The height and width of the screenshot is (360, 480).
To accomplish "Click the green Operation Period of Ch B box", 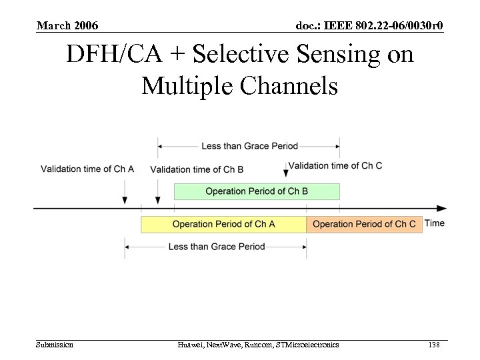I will click(x=257, y=191).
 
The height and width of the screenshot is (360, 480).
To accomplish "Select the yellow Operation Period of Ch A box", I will click(x=223, y=224).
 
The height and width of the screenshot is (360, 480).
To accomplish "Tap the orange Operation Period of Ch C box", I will click(x=364, y=224).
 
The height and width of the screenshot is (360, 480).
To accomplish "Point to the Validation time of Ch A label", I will click(x=87, y=169).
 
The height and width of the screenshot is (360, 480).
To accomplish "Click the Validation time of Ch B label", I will click(x=197, y=169).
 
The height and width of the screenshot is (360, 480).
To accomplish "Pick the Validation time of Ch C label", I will click(x=335, y=165).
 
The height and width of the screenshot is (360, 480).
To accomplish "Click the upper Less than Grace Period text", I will click(x=249, y=146).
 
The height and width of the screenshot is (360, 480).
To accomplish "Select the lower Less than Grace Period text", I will click(x=217, y=247).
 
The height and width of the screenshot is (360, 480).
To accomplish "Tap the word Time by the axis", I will click(x=435, y=223).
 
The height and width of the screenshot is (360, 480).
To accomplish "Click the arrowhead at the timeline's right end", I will click(x=442, y=209).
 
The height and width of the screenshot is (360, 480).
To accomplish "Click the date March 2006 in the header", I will click(x=67, y=26).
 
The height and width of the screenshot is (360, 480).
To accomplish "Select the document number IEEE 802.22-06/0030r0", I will click(x=369, y=26).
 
